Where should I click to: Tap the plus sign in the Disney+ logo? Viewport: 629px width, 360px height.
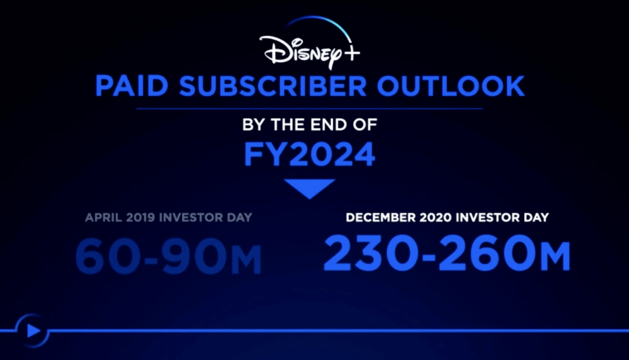point(352,53)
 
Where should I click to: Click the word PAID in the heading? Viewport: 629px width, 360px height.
point(132,86)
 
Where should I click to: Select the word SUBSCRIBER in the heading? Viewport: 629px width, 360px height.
point(273,86)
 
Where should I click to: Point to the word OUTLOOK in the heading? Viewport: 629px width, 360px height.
point(450,86)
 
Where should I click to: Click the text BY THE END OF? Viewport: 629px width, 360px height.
point(310,125)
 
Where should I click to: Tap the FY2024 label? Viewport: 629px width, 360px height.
point(310,154)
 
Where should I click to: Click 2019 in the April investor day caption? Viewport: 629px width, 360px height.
point(140,217)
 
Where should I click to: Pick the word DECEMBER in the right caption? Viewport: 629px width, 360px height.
point(381,217)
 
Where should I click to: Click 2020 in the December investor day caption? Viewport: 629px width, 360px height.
point(436,217)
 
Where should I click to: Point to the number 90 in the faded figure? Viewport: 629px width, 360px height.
point(194,256)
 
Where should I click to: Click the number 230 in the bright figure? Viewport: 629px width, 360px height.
point(372,253)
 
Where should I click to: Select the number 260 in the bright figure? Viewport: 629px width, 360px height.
point(488,253)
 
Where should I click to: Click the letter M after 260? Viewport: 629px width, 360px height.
point(555,257)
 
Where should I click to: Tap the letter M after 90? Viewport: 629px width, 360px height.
point(246,260)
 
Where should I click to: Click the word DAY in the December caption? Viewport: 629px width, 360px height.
point(536,217)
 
